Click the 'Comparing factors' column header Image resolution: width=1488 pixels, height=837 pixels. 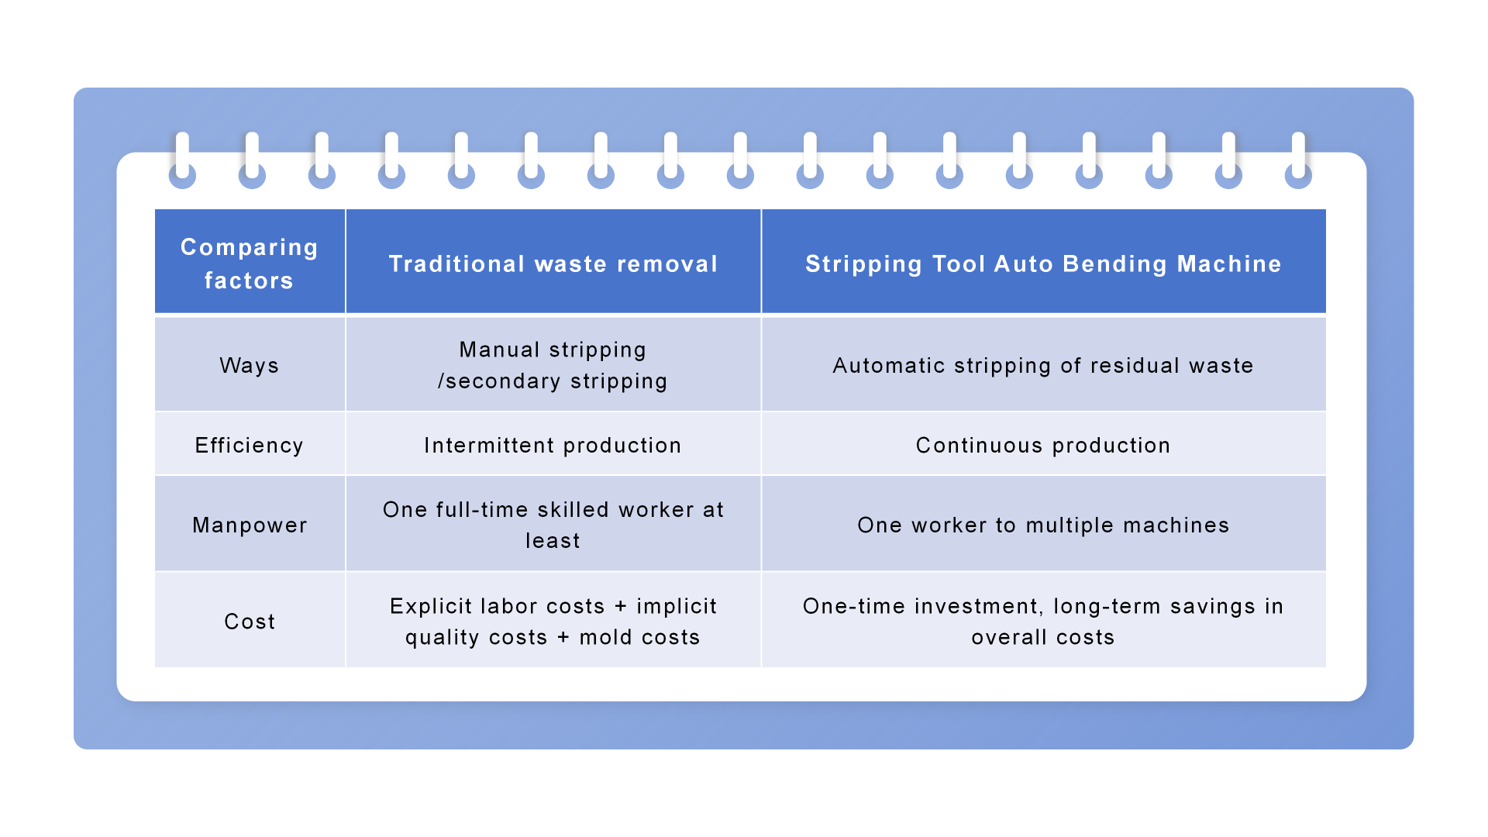click(x=250, y=263)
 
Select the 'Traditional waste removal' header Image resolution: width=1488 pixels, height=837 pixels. click(x=553, y=264)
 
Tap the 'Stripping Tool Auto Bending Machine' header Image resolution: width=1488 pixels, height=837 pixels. click(x=1043, y=264)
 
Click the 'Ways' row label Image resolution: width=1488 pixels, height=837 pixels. click(x=250, y=365)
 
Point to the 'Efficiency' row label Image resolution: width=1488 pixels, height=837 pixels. click(x=250, y=446)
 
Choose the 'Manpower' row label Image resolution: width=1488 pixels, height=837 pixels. click(x=250, y=525)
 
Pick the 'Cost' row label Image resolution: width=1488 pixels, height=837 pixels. click(x=250, y=622)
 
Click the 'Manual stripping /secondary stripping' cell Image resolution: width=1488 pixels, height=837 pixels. click(x=553, y=365)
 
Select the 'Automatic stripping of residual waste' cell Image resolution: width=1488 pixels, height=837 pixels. click(x=1043, y=365)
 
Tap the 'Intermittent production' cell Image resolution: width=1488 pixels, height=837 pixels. click(x=553, y=446)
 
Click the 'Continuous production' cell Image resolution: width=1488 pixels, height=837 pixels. click(x=1043, y=446)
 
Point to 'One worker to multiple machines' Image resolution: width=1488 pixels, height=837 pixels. click(x=1043, y=525)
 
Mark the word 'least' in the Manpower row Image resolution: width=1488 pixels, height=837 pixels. click(x=553, y=541)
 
